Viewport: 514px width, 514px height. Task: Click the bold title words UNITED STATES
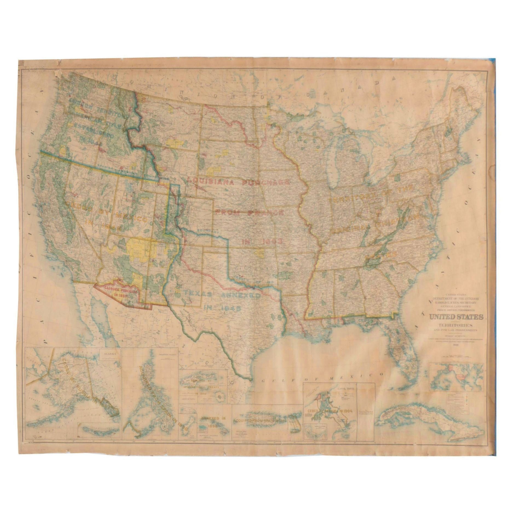456,317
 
